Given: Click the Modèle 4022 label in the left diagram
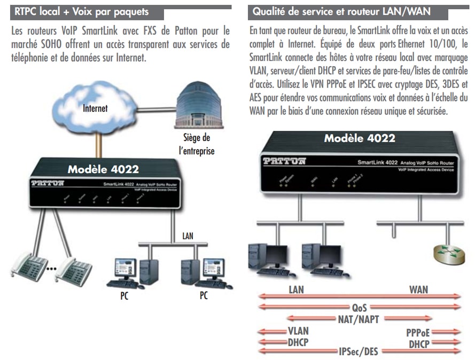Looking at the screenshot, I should point(103,169).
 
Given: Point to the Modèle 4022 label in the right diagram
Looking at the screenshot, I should point(360,138).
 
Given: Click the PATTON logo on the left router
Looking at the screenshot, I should point(48,183).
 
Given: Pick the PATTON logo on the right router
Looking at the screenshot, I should point(284,161).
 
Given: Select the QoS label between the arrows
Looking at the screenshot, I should point(359,308).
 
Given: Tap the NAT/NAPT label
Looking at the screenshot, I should point(359,319).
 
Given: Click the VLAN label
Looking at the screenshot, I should point(298,331).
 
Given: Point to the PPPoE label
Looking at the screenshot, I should point(418,332).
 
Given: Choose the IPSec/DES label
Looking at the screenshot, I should point(359,351).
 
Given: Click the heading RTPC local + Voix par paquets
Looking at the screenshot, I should point(82,11).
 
